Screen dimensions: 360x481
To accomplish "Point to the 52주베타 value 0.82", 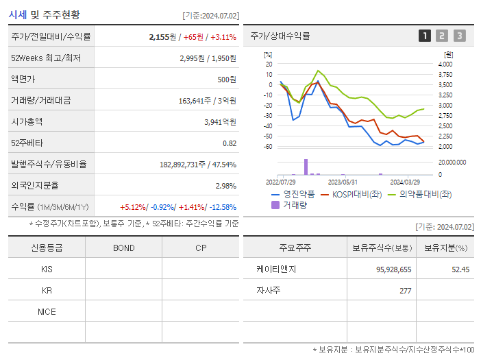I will [229, 143].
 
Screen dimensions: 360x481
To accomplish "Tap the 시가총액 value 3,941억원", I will [220, 122].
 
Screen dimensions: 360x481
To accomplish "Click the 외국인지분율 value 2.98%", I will [225, 186].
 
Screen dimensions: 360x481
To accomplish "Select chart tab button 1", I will [425, 36].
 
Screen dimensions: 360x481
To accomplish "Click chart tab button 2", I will [442, 36].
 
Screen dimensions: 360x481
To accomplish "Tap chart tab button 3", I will [459, 36].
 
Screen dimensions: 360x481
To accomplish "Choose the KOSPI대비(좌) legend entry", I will [351, 194].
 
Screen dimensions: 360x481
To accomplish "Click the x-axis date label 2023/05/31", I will [343, 182].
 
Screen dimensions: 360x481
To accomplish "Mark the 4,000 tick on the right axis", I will [445, 64].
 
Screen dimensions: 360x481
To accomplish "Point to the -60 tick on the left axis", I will [269, 147].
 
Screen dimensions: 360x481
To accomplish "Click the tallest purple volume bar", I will [306, 167].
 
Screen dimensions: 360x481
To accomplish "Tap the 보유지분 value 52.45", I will [460, 269].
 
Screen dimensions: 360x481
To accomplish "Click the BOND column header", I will [123, 248].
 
